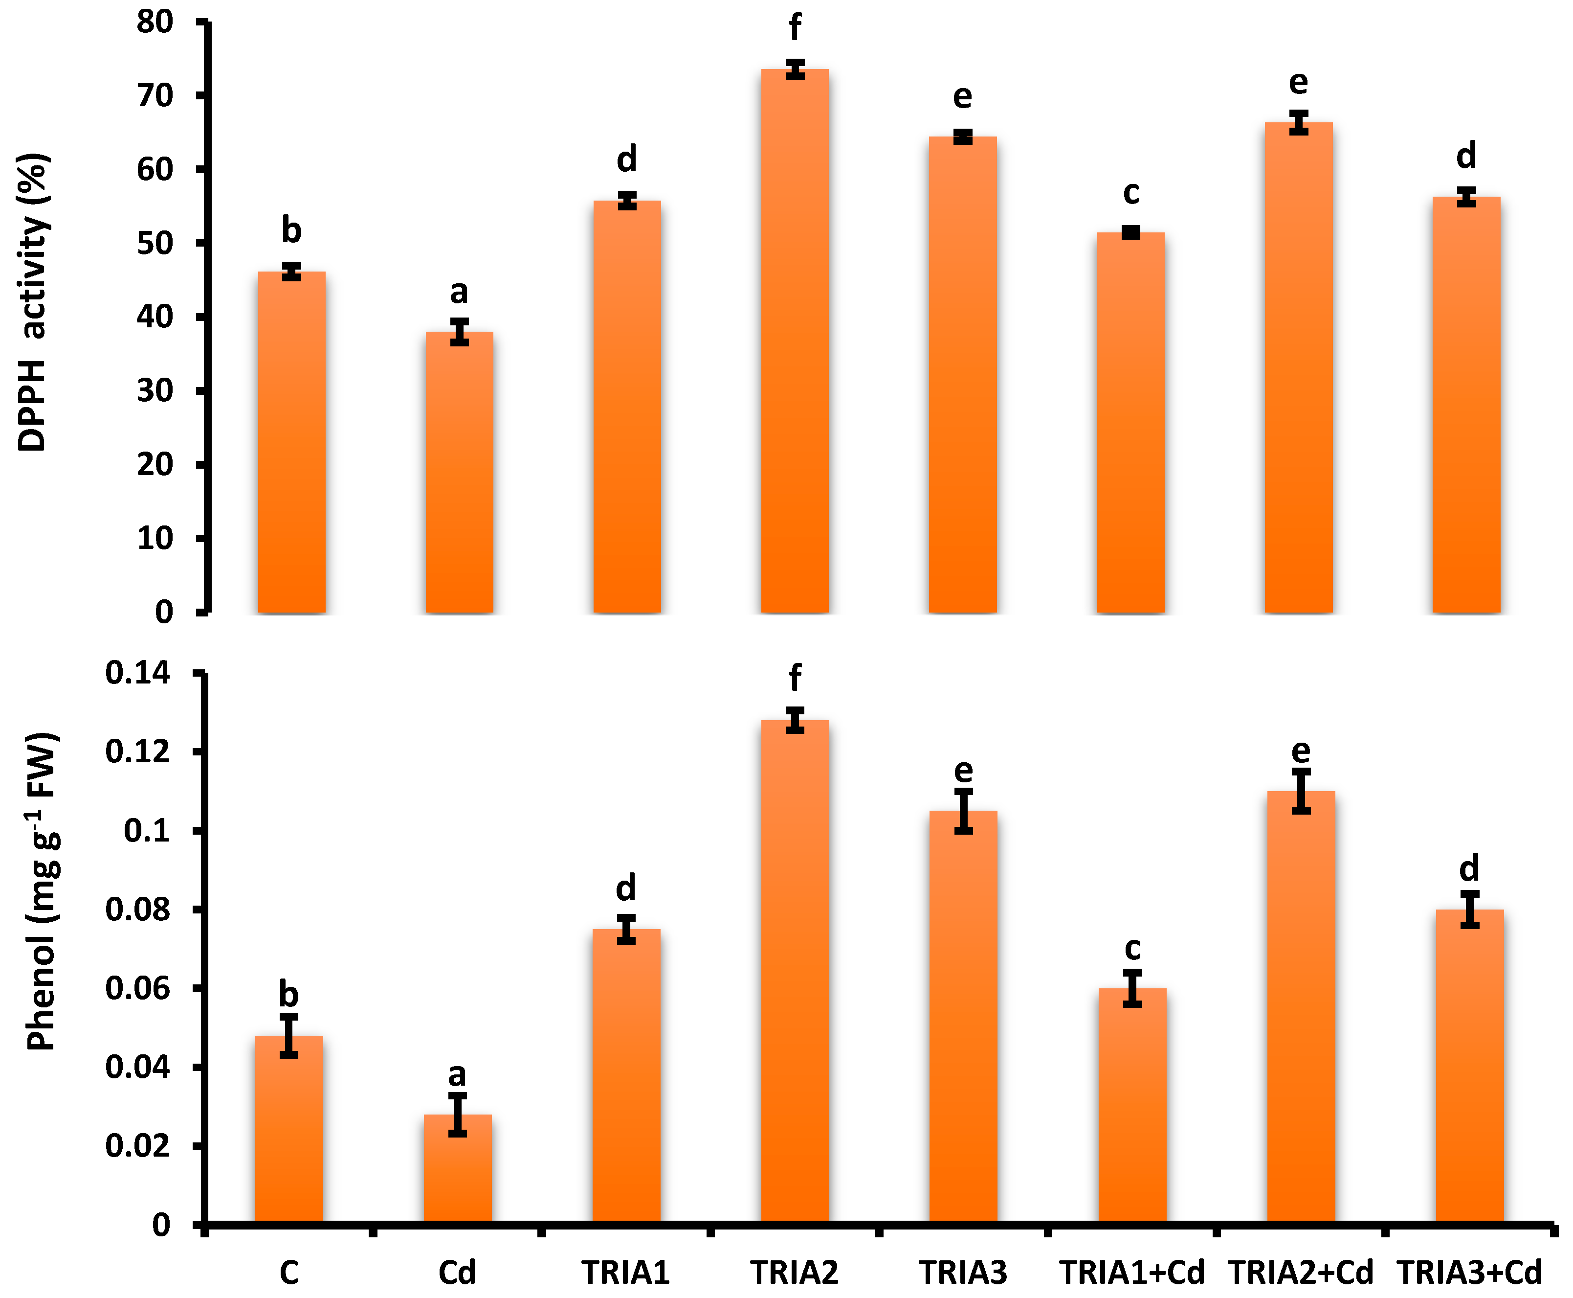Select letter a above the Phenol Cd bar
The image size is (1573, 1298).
click(457, 1074)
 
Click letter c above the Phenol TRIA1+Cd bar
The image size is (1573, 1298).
click(1133, 948)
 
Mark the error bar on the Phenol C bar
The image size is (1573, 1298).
click(289, 1036)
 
